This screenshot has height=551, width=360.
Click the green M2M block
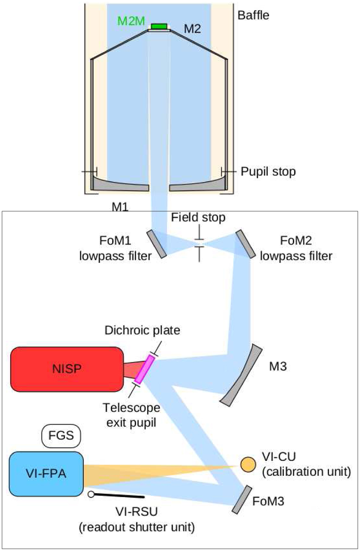[159, 26]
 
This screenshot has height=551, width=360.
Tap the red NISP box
[67, 369]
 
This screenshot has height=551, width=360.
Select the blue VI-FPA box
[46, 474]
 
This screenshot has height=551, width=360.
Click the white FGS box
[61, 435]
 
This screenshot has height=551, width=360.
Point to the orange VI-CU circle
[248, 465]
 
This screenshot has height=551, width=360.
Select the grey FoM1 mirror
[157, 244]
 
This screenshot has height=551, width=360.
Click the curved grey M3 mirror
[242, 375]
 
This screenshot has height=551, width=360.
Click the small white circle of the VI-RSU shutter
[91, 494]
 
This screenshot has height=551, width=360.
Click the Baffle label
[253, 15]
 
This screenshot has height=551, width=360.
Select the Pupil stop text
[268, 172]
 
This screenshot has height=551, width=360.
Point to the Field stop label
[198, 217]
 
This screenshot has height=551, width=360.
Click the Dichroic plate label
[142, 330]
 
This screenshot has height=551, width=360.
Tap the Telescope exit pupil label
[131, 415]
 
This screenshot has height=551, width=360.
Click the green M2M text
[131, 21]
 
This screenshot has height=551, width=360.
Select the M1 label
[120, 206]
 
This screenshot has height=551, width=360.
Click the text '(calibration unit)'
[306, 471]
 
